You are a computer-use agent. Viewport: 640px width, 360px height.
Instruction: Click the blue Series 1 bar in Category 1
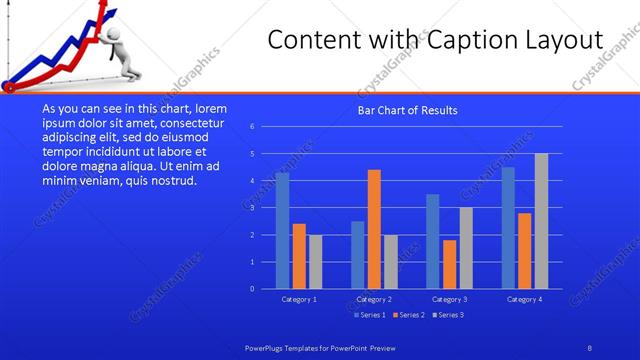pos(282,231)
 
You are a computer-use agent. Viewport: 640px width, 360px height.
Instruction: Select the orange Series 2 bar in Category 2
pos(374,229)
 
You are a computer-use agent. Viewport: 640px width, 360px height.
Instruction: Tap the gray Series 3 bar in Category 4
pos(541,221)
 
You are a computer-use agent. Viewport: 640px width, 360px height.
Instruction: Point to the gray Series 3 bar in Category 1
pos(315,262)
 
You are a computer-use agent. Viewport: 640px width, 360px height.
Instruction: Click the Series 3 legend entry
pos(447,315)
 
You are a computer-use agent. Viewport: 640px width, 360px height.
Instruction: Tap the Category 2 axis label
pos(373,299)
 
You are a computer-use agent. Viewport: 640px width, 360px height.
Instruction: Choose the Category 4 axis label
pos(524,299)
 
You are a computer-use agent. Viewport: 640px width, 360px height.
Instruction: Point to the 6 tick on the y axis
pos(252,126)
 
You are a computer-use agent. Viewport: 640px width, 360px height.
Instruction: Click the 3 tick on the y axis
pos(252,208)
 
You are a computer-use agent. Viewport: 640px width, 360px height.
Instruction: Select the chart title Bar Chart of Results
pos(408,110)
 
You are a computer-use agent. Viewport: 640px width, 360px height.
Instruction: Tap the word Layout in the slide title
pos(566,40)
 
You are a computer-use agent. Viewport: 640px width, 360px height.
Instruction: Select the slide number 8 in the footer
pos(589,345)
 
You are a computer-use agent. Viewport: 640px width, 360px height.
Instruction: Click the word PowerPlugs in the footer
pos(265,345)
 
